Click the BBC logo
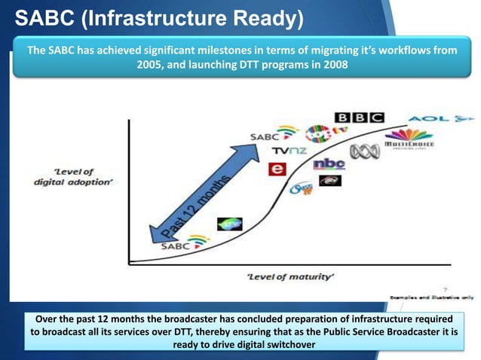click(359, 118)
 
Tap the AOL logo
click(441, 119)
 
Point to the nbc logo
click(329, 163)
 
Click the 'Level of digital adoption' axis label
click(73, 177)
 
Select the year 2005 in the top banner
click(152, 66)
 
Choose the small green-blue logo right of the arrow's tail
click(229, 224)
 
